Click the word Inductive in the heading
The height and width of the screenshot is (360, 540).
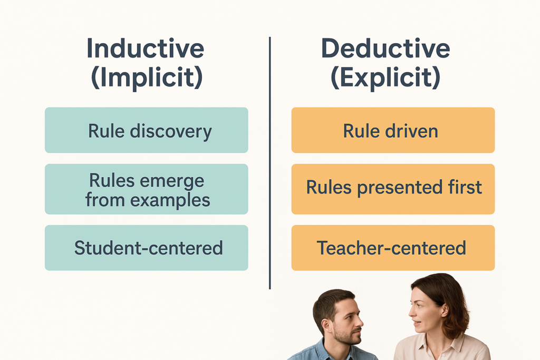[146, 48]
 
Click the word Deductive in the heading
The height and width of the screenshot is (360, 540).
[385, 48]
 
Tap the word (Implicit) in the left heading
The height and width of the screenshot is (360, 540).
[147, 77]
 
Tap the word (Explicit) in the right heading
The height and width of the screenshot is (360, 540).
[385, 77]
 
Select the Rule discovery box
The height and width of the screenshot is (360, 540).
[147, 130]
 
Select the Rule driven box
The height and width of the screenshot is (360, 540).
[393, 130]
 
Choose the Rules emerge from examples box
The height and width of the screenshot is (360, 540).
[147, 189]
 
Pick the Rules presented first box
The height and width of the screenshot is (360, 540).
[393, 189]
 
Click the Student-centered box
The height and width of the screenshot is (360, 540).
[147, 248]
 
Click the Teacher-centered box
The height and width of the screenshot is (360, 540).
[393, 248]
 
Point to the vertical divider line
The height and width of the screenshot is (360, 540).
[269, 163]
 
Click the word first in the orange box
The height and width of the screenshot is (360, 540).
[465, 187]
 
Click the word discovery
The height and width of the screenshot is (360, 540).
[171, 131]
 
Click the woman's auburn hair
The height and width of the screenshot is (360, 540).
[448, 303]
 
